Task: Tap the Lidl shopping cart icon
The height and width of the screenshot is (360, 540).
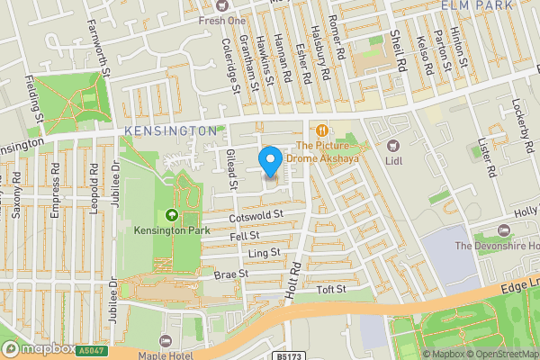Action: coord(391,146)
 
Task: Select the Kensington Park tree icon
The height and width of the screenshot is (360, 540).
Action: coord(172,215)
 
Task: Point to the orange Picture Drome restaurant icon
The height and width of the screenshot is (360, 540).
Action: coord(320,130)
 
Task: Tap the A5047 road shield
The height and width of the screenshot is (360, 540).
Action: coord(91,351)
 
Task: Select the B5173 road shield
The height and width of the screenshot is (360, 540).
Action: coord(289,356)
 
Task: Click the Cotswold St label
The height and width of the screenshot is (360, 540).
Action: coord(256,215)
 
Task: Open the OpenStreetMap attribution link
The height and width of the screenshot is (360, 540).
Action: coord(499,354)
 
